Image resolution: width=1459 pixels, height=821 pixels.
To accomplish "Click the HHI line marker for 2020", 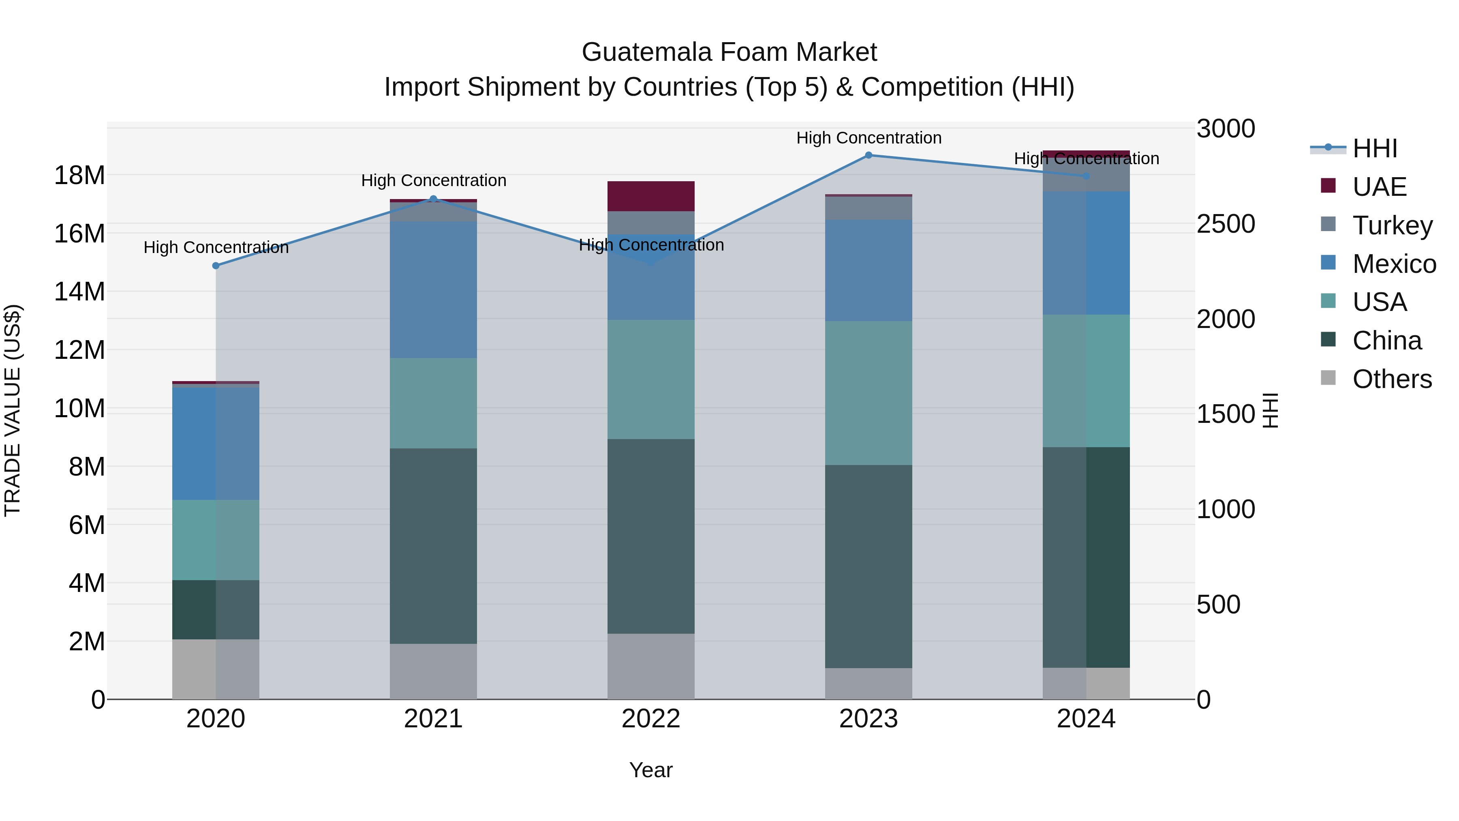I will [x=216, y=266].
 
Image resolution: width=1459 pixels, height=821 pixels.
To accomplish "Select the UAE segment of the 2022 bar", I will [x=651, y=196].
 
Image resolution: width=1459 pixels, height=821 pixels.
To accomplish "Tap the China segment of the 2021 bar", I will [x=433, y=546].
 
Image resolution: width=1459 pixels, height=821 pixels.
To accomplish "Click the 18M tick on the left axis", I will [x=79, y=176].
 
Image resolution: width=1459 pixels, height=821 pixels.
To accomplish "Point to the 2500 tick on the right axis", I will [x=1226, y=224].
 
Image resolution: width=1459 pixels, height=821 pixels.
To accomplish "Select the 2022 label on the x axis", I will [x=651, y=719].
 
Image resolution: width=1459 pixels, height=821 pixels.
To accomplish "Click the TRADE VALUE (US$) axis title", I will [x=13, y=410].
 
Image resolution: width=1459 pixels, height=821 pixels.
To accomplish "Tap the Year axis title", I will [x=651, y=770].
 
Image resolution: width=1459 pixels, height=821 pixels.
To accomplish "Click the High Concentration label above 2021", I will [x=433, y=181].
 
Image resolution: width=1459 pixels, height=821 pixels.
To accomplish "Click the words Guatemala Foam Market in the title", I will [x=729, y=52].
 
